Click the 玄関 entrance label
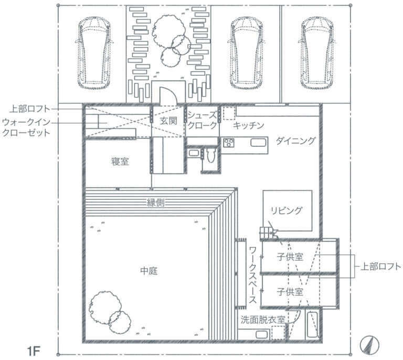[168, 121]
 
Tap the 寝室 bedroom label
[120, 162]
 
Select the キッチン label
[248, 125]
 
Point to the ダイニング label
[295, 141]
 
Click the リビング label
[287, 210]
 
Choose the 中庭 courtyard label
[149, 271]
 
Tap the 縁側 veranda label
[155, 203]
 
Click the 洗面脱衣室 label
[263, 320]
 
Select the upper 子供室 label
[290, 257]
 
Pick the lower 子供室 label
[290, 292]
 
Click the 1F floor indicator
[34, 351]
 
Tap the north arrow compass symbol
[369, 345]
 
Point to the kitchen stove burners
[229, 143]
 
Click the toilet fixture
[210, 155]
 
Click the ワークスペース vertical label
[252, 274]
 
